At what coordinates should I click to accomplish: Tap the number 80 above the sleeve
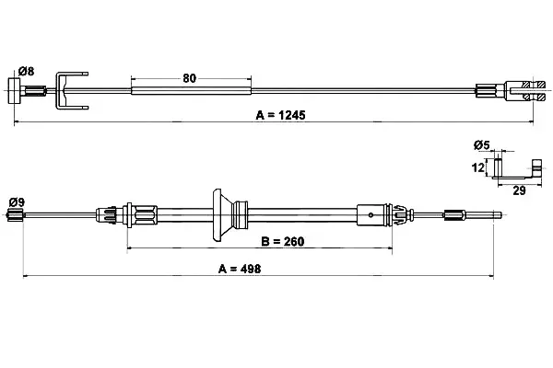click(x=190, y=78)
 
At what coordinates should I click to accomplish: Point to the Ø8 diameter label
click(x=26, y=71)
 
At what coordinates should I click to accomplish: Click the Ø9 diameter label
click(x=16, y=201)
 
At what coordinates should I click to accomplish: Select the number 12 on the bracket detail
click(x=477, y=167)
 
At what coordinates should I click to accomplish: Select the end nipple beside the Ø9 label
click(x=14, y=215)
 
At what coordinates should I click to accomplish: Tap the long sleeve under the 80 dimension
click(x=191, y=89)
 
